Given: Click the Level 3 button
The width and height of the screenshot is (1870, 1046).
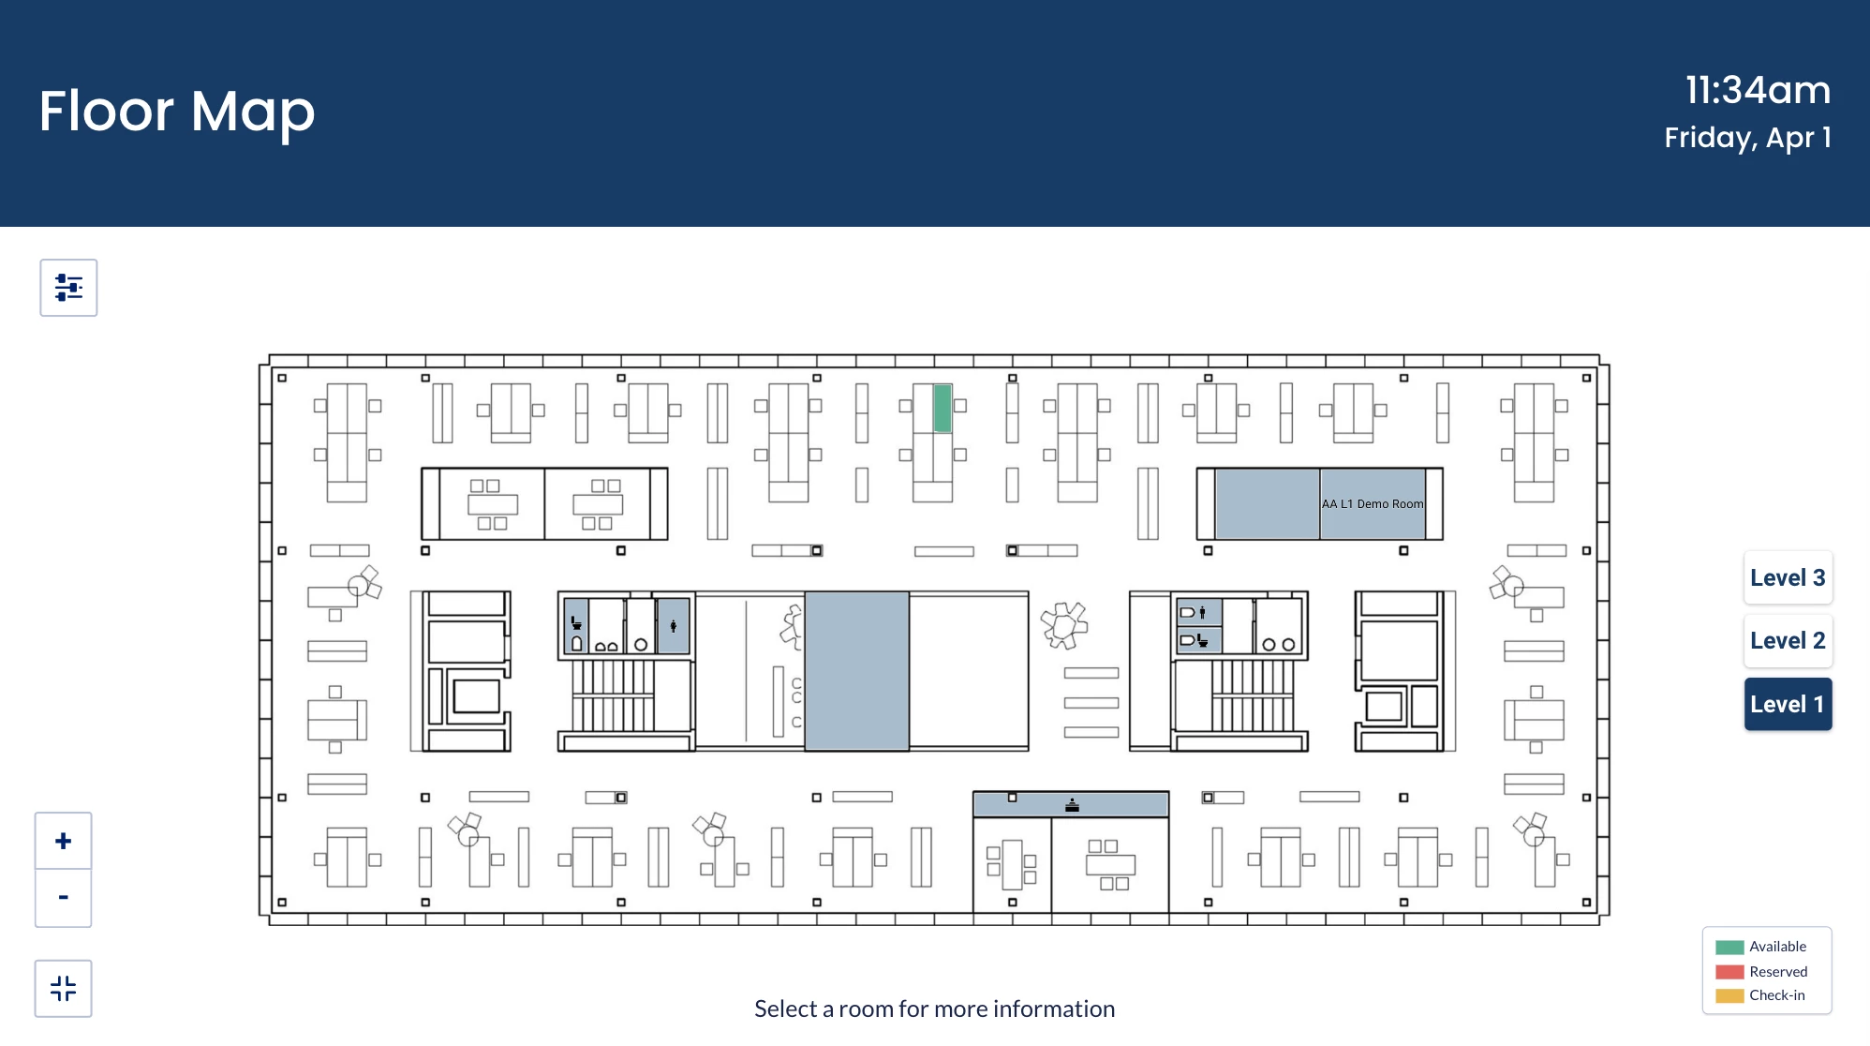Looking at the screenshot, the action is coord(1788,577).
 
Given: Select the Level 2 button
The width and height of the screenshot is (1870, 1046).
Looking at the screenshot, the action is coord(1788,640).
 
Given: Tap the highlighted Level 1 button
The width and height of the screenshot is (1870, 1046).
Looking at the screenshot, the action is coord(1788,704).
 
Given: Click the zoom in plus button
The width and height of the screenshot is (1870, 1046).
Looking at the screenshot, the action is coord(64,841).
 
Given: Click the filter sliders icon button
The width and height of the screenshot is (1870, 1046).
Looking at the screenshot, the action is coord(68,288).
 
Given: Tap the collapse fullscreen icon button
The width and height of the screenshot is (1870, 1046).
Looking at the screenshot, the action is coord(64,988).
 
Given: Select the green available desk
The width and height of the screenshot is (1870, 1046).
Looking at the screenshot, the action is coord(942,408).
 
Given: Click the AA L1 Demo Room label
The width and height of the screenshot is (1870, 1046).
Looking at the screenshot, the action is coord(1373,504).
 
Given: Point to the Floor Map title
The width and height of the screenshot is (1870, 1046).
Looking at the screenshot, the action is coord(177,112).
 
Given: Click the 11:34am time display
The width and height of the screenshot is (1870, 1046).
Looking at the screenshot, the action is coord(1758,91).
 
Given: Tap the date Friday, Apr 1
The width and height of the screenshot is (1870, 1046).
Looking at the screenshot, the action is coord(1747,138).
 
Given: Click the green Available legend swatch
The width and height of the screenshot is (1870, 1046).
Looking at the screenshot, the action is coord(1729,947).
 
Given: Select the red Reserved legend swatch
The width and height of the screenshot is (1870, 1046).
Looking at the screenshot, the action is coord(1729,972).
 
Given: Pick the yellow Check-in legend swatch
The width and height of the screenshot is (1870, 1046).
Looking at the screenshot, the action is coord(1729,995).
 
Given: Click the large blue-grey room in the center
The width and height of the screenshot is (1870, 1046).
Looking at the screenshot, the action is coord(856,671).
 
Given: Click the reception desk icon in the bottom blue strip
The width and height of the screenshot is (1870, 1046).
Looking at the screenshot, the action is coord(1072,805).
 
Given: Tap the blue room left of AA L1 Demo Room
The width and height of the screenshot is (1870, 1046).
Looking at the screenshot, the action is coord(1267,503).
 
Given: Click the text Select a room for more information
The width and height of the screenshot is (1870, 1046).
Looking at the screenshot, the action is coord(934,1009).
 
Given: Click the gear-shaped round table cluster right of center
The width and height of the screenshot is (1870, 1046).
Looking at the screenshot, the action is coord(1064,625).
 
